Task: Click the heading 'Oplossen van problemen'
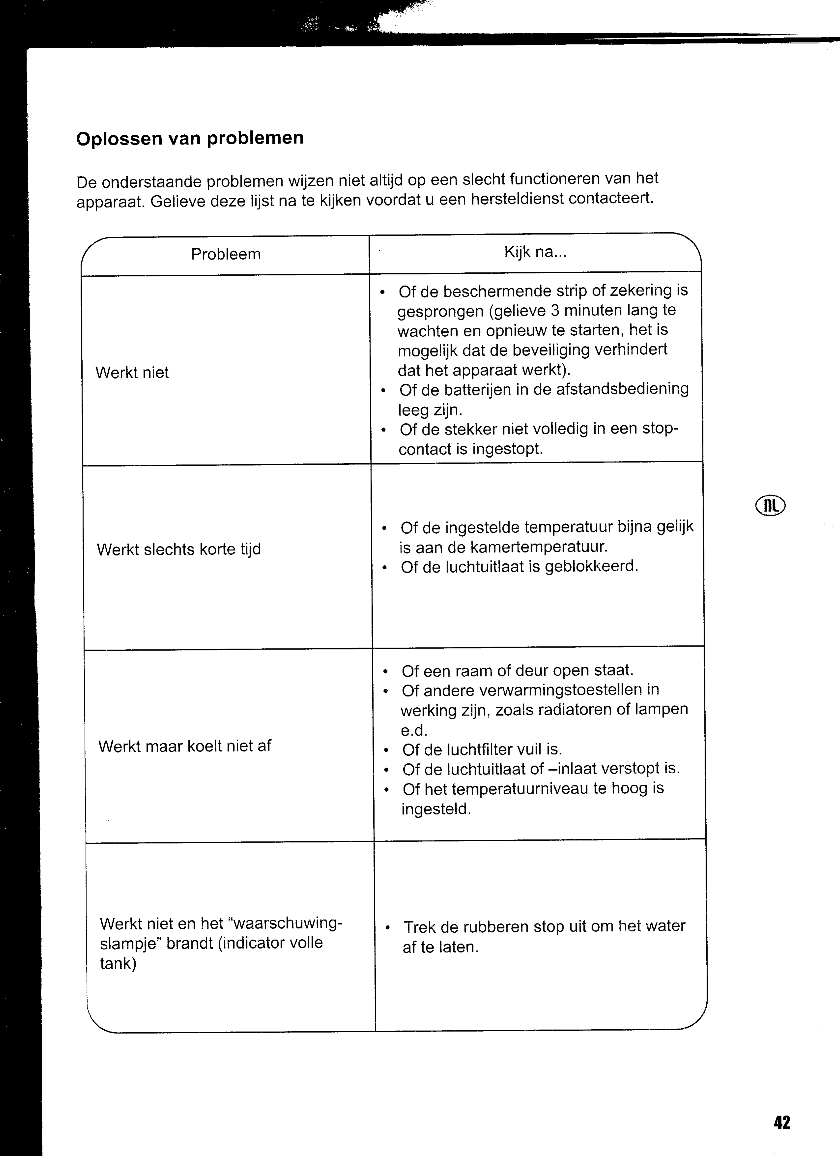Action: coord(190,139)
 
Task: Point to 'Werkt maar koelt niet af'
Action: coord(184,746)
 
